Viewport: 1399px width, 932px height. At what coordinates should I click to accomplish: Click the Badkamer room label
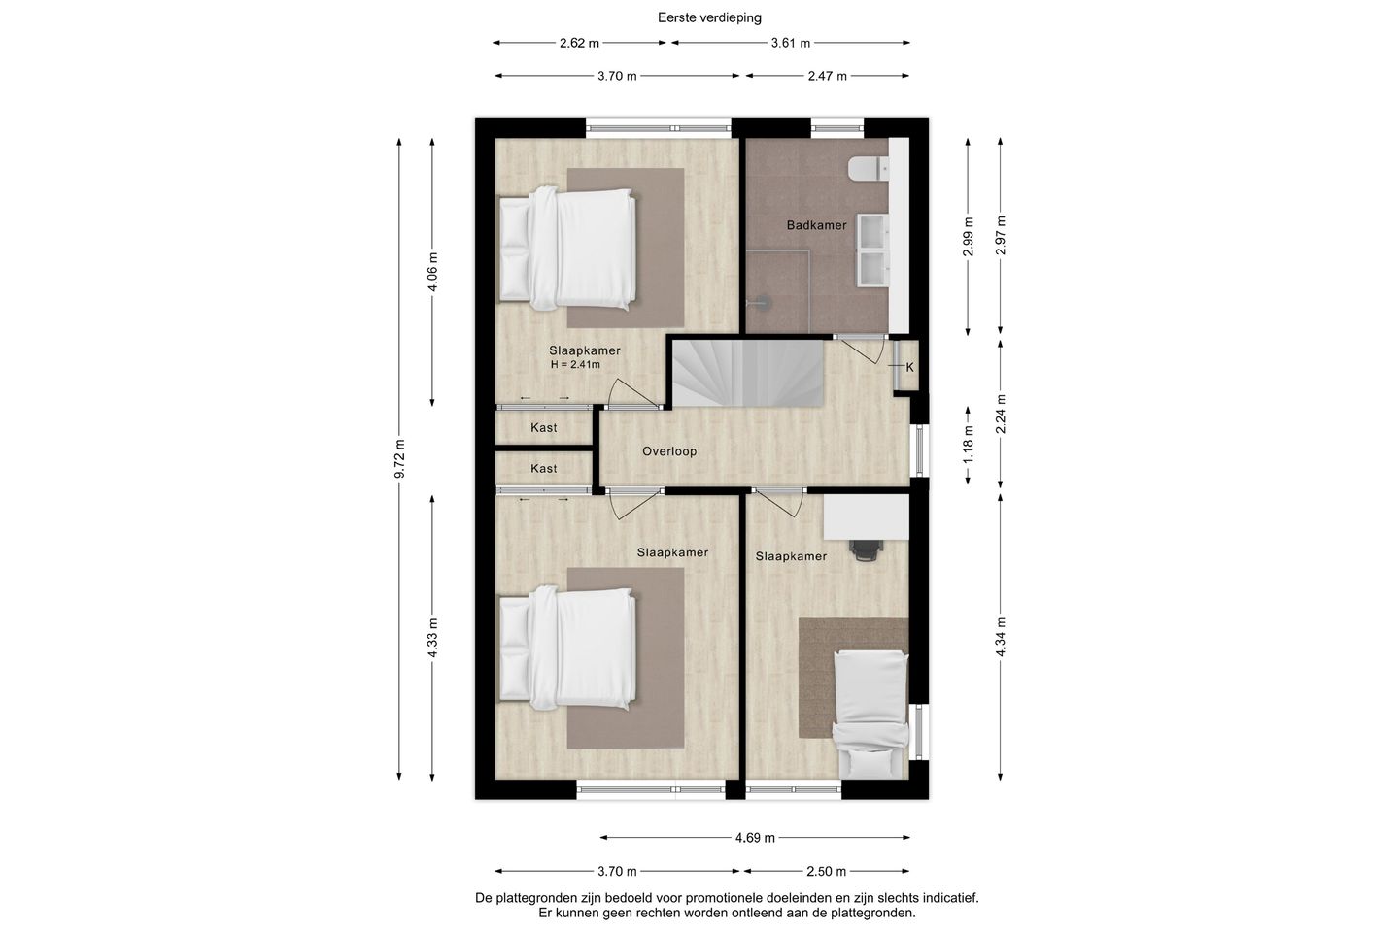point(816,225)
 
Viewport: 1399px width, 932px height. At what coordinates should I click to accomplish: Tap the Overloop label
point(668,451)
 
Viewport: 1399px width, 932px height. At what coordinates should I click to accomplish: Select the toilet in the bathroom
point(869,169)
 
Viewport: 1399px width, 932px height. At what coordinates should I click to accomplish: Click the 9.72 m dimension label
point(399,459)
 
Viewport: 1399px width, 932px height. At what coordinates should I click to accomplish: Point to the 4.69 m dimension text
point(755,838)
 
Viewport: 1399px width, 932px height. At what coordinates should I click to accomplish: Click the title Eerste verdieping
point(709,17)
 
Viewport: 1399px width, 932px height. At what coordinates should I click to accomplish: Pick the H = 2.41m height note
point(575,365)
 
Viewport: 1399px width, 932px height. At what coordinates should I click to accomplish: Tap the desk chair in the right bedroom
point(867,550)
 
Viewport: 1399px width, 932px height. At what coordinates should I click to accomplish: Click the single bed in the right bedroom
point(871,715)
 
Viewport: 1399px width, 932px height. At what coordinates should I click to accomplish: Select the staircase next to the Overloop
point(747,374)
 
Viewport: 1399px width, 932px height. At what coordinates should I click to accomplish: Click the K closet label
point(909,368)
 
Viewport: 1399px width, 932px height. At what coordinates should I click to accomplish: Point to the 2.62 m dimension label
point(579,43)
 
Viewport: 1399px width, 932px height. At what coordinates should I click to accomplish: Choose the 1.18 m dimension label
point(968,445)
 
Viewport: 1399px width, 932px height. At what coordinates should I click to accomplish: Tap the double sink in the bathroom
point(873,250)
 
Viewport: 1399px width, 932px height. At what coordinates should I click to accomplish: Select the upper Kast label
point(543,427)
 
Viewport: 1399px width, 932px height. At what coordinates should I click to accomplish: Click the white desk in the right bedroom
point(866,516)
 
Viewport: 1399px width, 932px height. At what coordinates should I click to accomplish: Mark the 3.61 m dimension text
point(790,43)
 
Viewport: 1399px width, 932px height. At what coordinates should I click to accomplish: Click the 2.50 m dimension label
point(827,871)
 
